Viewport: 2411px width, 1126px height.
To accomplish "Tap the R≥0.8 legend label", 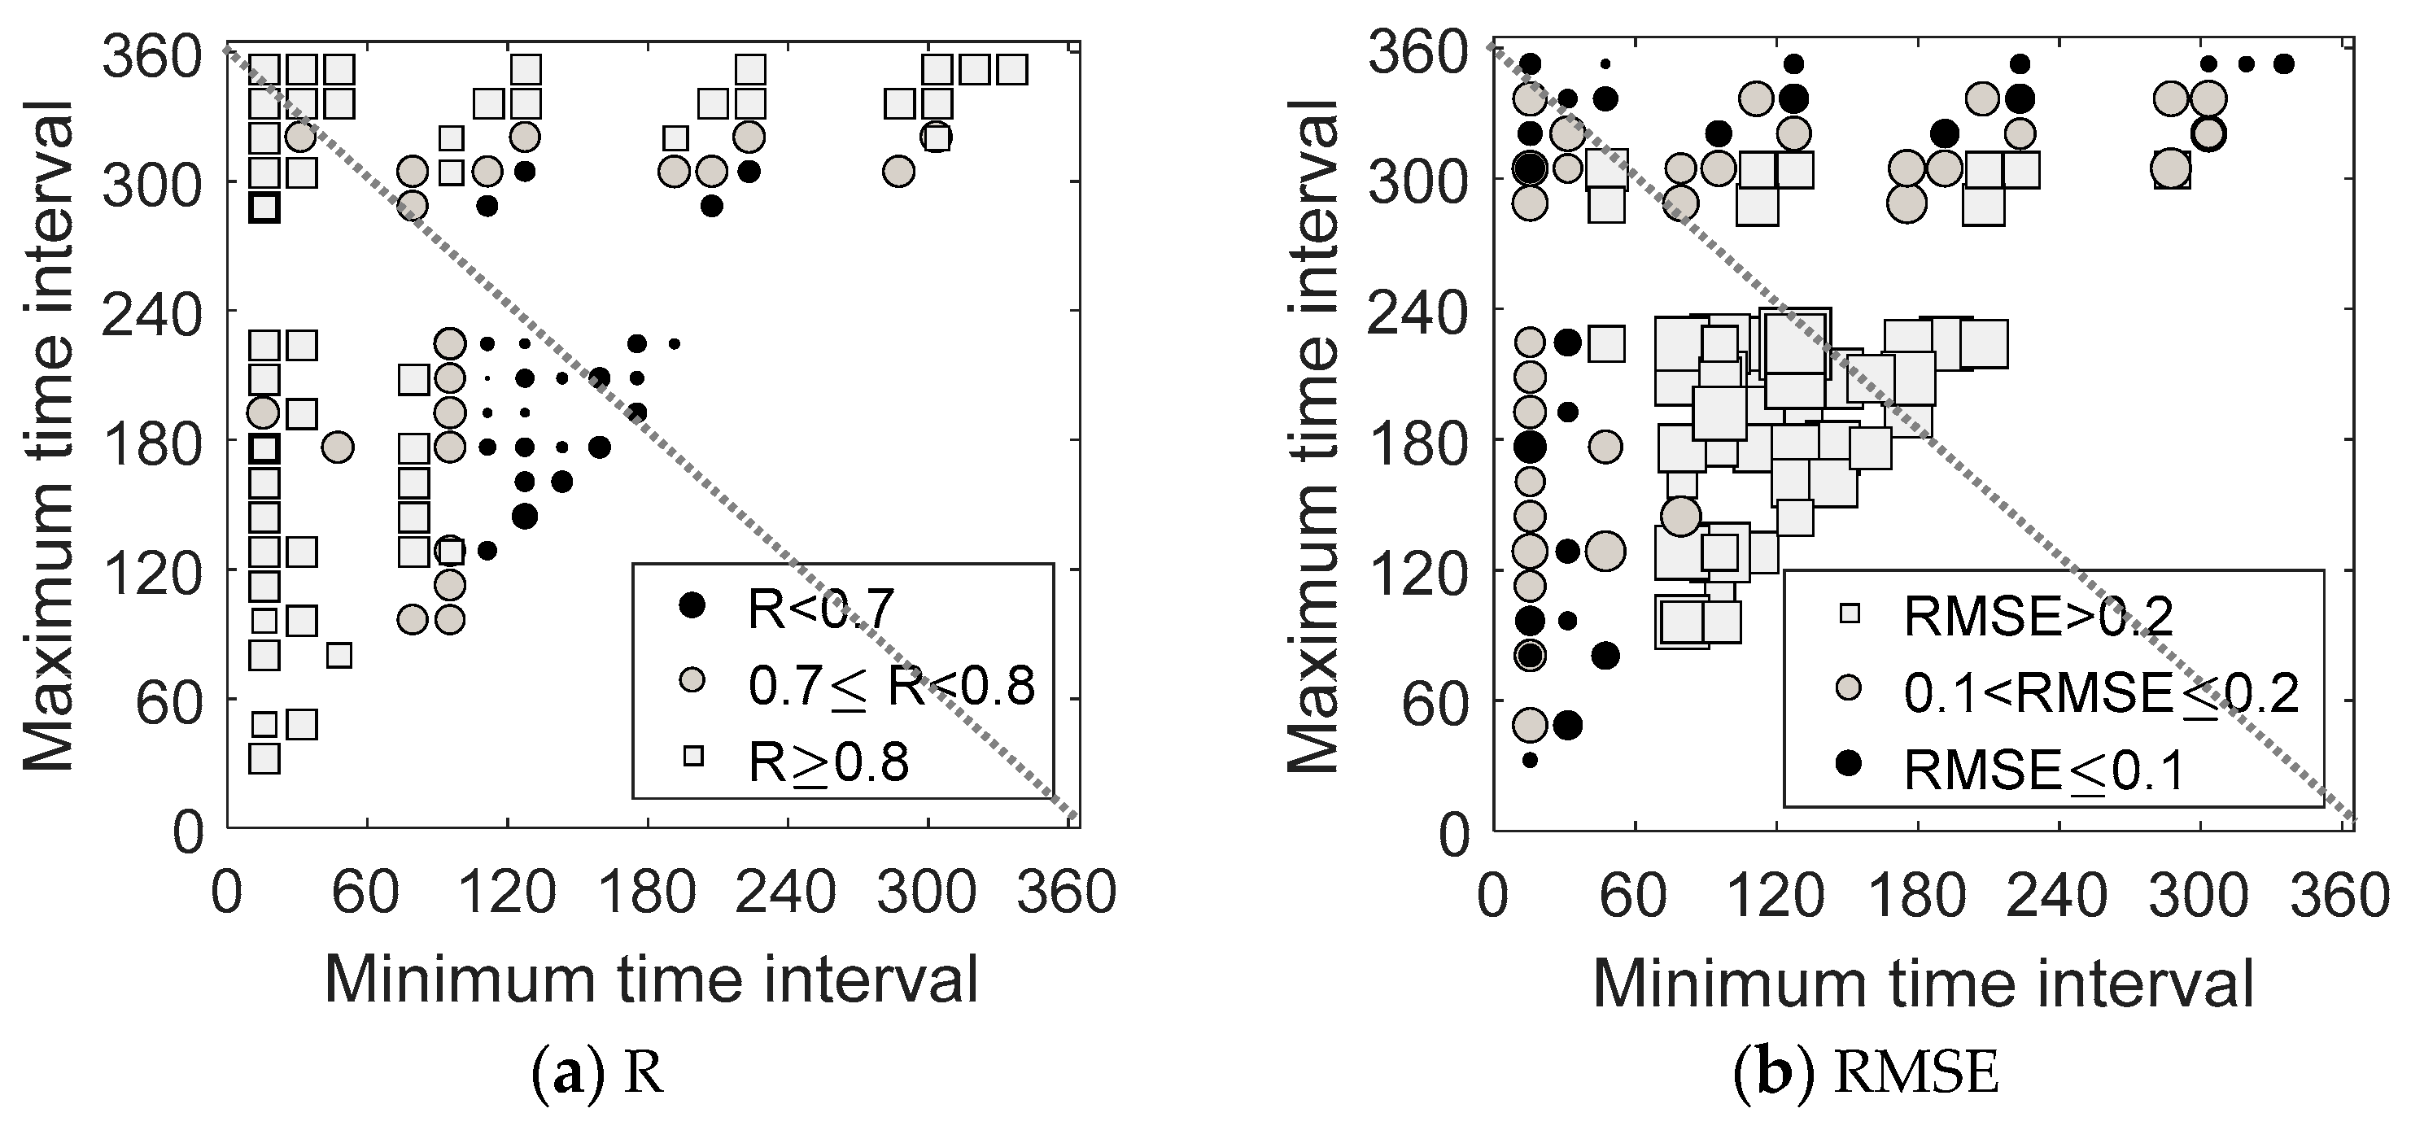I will pyautogui.click(x=828, y=763).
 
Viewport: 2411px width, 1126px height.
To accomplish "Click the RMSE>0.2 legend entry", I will pyautogui.click(x=2038, y=616).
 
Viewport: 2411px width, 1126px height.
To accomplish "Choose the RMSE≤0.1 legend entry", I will pyautogui.click(x=2043, y=770).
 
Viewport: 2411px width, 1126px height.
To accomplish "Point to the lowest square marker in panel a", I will pyautogui.click(x=265, y=758).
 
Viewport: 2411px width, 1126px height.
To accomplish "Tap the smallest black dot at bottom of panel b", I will pyautogui.click(x=1529, y=760).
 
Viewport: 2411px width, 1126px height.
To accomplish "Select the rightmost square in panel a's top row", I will pyautogui.click(x=1011, y=69).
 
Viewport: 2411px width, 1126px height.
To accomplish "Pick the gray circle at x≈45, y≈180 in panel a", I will pyautogui.click(x=338, y=447).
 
